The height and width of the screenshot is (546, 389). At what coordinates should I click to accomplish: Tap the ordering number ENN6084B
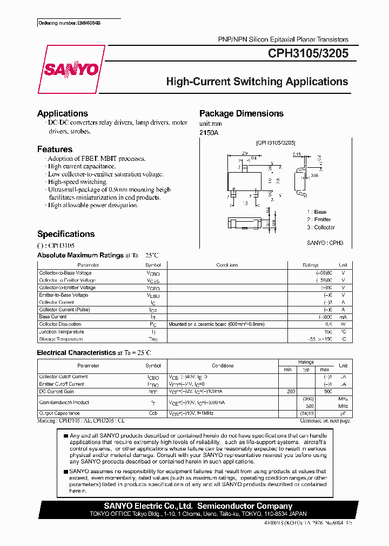[69, 24]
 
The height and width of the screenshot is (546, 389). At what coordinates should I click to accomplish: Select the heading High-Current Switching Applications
[257, 82]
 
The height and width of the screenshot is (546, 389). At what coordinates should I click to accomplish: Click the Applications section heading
[63, 113]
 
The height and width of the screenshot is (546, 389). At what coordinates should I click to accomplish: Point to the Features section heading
[55, 149]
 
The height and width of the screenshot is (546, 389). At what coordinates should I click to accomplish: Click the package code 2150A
[210, 132]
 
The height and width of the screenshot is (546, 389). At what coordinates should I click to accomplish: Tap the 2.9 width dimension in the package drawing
[245, 153]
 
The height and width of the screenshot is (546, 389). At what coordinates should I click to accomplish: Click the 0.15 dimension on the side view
[297, 155]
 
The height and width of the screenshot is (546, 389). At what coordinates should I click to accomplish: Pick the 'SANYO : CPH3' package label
[325, 243]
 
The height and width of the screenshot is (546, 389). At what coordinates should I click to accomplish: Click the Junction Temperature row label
[61, 332]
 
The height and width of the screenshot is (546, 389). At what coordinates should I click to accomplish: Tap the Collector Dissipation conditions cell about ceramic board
[217, 324]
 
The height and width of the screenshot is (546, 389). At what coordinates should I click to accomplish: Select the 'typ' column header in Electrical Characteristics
[306, 370]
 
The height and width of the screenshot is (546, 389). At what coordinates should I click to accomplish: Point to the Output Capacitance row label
[60, 412]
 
